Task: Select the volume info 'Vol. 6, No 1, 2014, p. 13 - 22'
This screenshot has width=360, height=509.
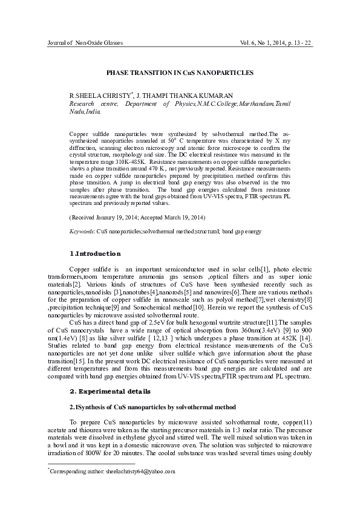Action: coord(276,44)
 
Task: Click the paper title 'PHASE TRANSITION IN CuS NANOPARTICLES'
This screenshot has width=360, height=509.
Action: coord(180,72)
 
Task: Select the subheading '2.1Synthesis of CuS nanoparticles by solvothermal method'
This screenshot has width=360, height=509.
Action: coord(152,406)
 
